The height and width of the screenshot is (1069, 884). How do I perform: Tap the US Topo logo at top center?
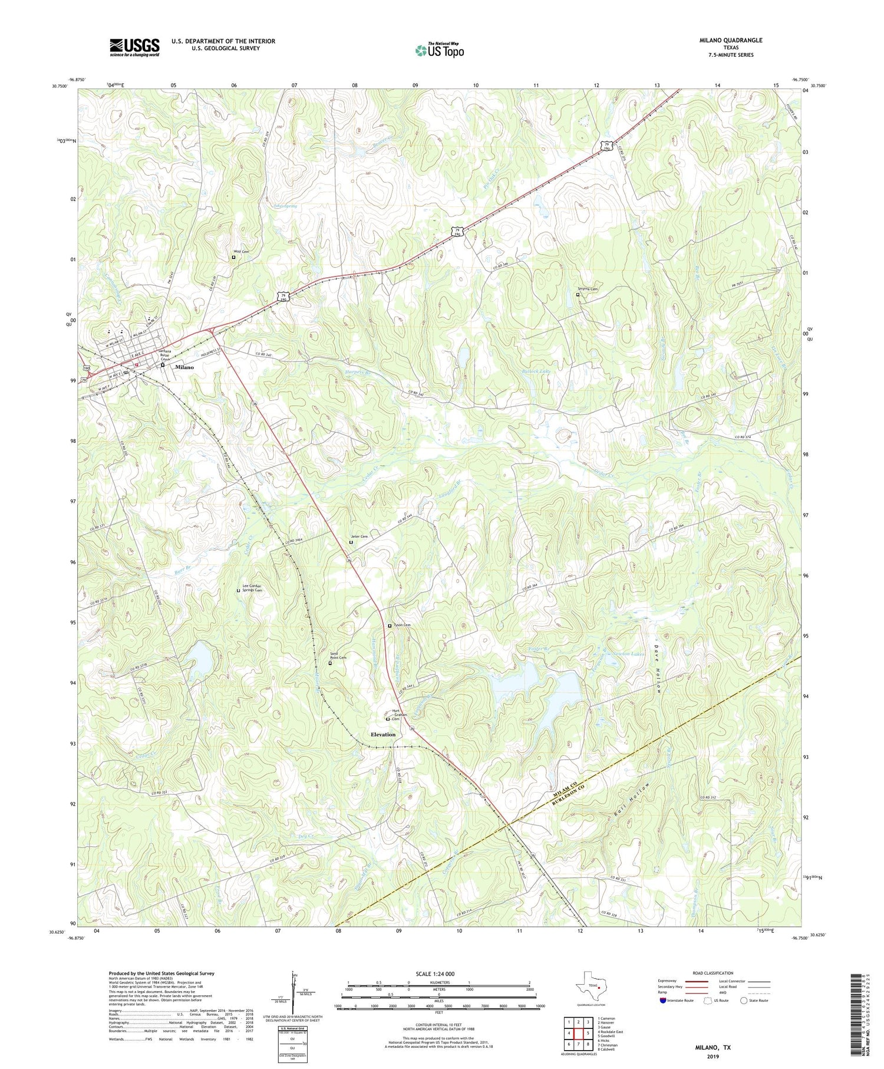coord(439,50)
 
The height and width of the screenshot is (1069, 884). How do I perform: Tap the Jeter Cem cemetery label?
coord(360,537)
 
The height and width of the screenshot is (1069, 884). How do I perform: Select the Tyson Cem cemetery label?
coord(402,625)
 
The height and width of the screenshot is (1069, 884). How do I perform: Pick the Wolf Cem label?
coord(242,252)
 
